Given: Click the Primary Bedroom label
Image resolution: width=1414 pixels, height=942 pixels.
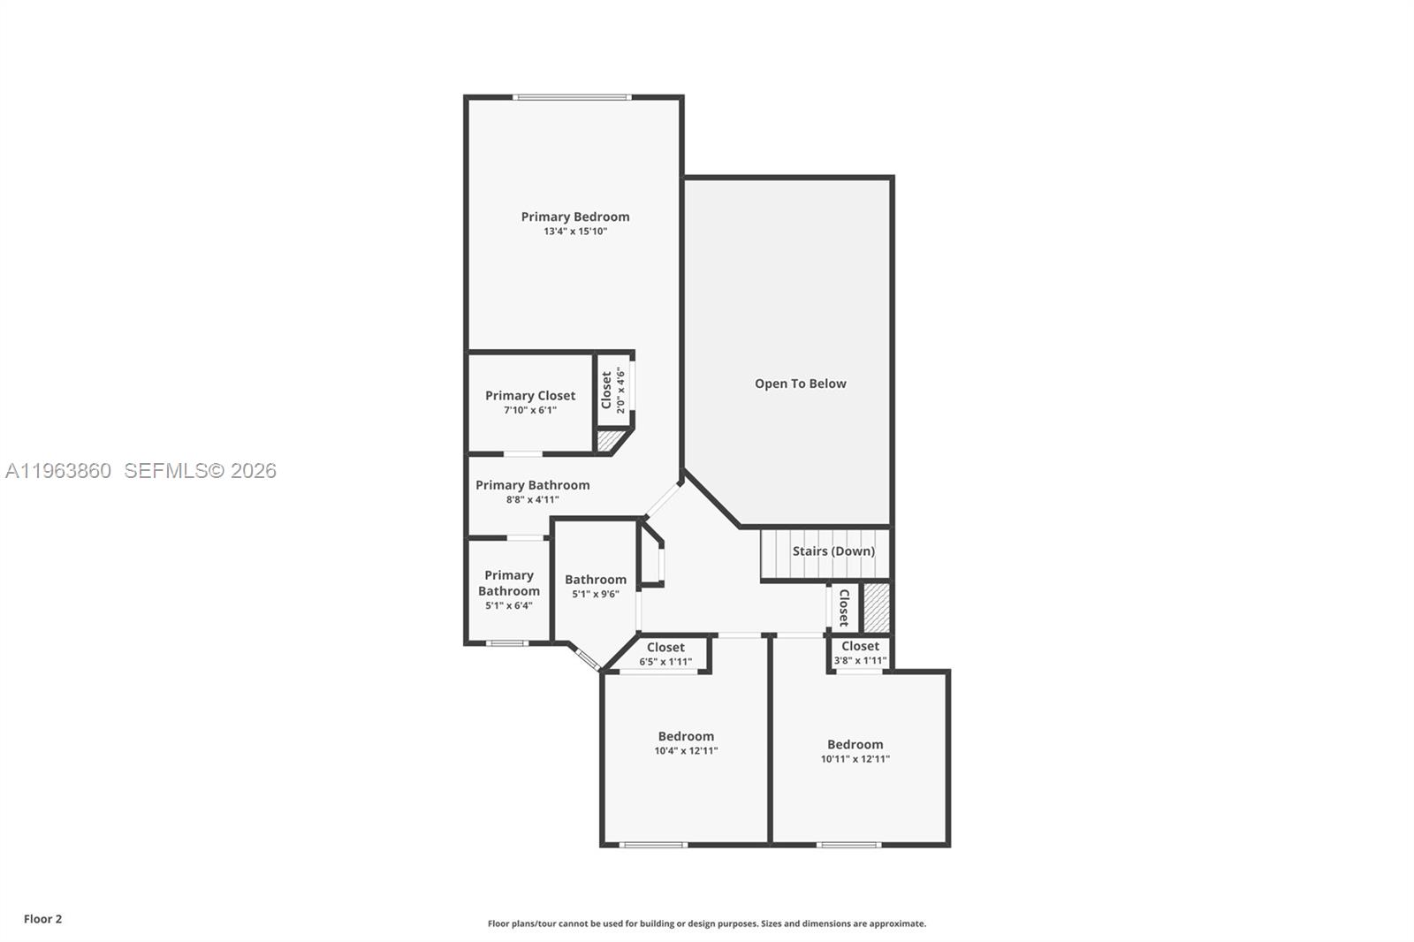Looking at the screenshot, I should click(574, 217).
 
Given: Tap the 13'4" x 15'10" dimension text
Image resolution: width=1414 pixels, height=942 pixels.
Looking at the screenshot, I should click(574, 232).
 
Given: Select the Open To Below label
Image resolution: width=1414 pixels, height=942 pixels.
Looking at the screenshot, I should click(800, 384).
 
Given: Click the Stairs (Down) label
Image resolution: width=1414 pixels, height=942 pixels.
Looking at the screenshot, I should click(832, 551).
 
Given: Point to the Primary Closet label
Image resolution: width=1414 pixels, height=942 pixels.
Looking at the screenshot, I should click(529, 396).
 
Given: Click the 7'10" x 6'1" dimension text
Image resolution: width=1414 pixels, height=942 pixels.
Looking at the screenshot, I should click(529, 410).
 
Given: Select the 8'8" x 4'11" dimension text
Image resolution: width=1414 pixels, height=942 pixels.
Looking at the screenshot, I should click(532, 499).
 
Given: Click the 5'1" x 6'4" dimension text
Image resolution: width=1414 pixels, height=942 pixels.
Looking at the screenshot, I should click(508, 605).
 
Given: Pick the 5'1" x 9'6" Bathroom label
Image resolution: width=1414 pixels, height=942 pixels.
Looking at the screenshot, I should click(595, 580).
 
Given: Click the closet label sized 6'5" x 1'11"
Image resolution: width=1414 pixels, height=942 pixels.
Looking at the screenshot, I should click(665, 648).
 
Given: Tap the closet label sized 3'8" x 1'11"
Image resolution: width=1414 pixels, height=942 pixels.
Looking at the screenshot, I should click(859, 646).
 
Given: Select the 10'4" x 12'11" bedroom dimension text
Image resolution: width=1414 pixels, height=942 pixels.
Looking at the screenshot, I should click(686, 751).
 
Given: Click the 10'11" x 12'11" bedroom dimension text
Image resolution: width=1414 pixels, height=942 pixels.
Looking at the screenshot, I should click(855, 759).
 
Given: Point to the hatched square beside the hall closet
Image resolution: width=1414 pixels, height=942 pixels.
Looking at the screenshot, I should click(876, 608).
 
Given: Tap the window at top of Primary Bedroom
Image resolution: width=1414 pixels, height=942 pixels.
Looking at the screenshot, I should click(572, 97).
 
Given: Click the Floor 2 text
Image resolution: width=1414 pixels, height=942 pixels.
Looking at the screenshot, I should click(42, 919).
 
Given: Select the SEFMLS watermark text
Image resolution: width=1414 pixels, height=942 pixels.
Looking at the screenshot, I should click(200, 471).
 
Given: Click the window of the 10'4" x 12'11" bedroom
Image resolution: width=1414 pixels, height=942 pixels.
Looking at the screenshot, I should click(652, 845).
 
